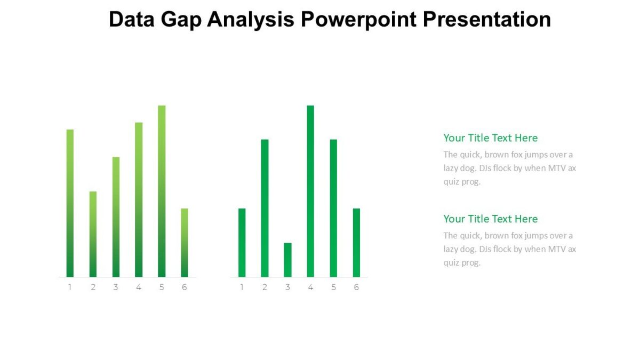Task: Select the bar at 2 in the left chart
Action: pyautogui.click(x=93, y=234)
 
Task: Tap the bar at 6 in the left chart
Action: pyautogui.click(x=185, y=243)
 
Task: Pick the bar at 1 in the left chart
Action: pyautogui.click(x=70, y=203)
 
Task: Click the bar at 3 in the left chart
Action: pyautogui.click(x=116, y=217)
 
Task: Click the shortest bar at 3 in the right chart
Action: pyautogui.click(x=287, y=260)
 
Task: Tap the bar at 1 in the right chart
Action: pyautogui.click(x=242, y=243)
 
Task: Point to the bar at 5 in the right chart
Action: pyautogui.click(x=333, y=208)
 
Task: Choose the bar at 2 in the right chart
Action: pyautogui.click(x=265, y=208)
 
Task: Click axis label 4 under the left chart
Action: pyautogui.click(x=139, y=287)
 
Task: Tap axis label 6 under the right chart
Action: pyautogui.click(x=356, y=287)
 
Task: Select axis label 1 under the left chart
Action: pyautogui.click(x=70, y=287)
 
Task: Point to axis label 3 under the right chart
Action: pyautogui.click(x=287, y=287)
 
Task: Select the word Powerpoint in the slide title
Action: pyautogui.click(x=359, y=20)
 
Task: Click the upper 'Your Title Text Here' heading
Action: pyautogui.click(x=490, y=138)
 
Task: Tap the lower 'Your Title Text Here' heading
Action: pyautogui.click(x=490, y=219)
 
